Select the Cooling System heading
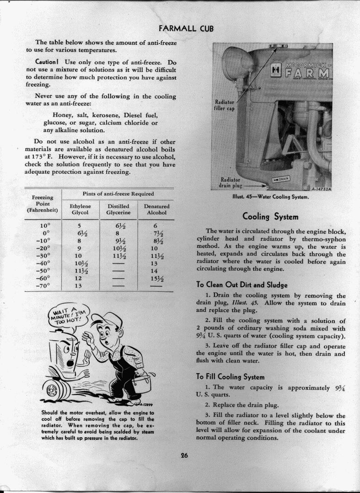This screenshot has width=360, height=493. pos(270,216)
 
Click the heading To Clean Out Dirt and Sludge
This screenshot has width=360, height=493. pos(242,284)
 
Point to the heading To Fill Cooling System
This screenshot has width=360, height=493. pos(231,377)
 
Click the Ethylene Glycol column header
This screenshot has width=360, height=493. pos(80,209)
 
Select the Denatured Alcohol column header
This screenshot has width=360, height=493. pos(156,209)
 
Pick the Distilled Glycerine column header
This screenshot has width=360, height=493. pos(118,209)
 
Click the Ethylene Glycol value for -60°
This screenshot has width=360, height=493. pos(78,278)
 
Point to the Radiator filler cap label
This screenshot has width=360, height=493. pos(224,105)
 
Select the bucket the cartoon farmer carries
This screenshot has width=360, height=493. pos(141,383)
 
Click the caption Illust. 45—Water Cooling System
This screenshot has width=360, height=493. pos(271,198)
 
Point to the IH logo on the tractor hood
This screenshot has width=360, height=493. pos(276,71)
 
